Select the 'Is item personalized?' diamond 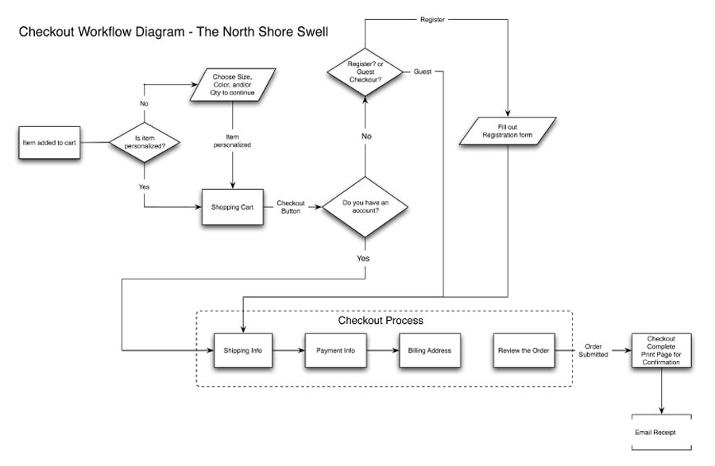point(144,143)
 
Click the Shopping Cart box point(232,207)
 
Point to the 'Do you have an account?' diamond point(364,207)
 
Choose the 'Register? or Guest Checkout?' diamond point(364,72)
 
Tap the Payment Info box point(335,349)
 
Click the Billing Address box point(429,349)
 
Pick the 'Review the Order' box point(522,349)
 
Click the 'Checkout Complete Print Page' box point(661,349)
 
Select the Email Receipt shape point(661,432)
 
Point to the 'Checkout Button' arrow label point(291,207)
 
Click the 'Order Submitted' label point(596,350)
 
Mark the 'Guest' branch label point(423,72)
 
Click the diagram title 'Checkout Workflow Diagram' point(173,33)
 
